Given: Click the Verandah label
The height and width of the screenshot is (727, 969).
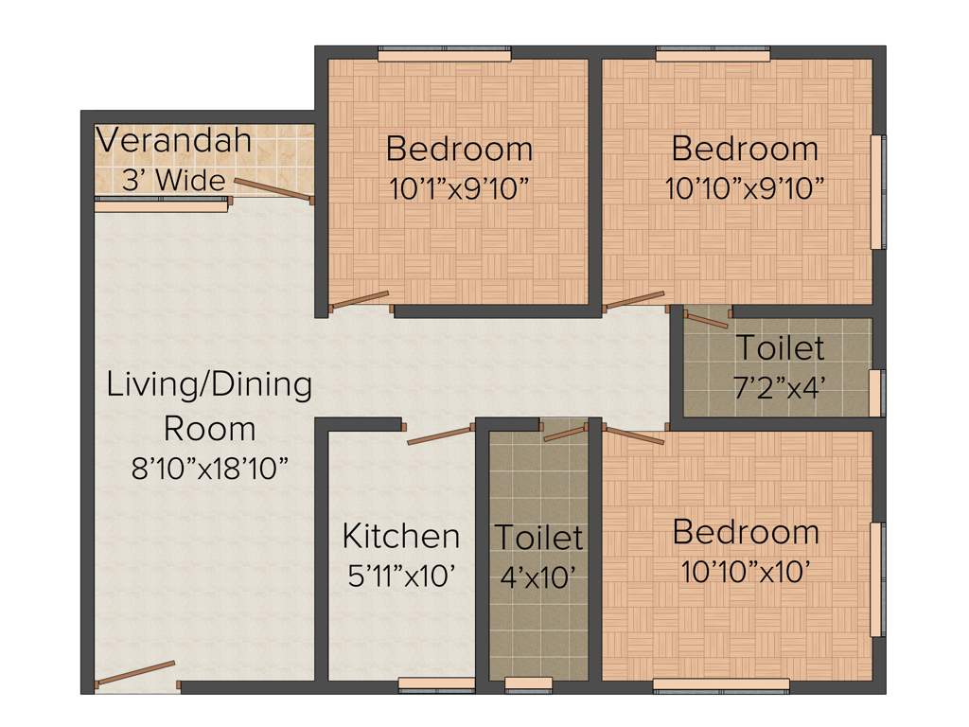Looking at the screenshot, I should (174, 142).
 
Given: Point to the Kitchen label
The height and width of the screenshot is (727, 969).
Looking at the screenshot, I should (401, 536).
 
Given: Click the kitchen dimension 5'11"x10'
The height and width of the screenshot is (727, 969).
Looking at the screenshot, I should (402, 576).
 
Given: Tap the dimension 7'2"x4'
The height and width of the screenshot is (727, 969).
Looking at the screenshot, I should (780, 387).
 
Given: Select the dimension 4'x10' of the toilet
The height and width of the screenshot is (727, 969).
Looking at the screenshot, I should (537, 576).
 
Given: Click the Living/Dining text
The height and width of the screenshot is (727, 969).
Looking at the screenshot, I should (209, 385).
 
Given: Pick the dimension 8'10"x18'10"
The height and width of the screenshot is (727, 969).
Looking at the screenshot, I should (209, 468).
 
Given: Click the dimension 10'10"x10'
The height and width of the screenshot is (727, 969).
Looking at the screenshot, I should (745, 572).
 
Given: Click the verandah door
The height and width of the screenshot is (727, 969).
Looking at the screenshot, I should (273, 189).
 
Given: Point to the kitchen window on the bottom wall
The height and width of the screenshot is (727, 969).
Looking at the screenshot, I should (436, 684).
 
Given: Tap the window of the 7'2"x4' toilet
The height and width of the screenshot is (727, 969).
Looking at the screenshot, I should (878, 392).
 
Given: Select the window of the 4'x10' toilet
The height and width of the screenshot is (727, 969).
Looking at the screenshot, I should (529, 684).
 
